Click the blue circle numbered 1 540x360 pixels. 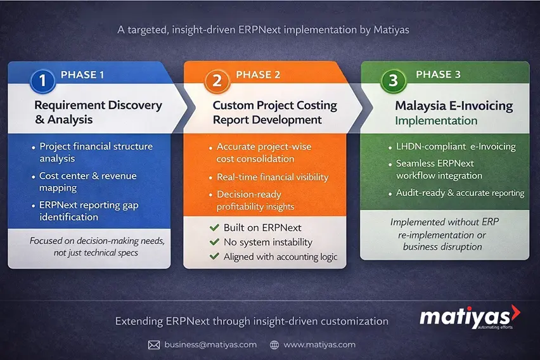coord(42,80)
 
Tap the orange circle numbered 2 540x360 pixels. coord(217,80)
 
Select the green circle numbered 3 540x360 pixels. coord(393,80)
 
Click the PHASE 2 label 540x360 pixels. coord(258,75)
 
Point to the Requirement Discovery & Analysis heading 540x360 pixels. coord(98,112)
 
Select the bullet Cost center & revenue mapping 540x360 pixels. coord(87,181)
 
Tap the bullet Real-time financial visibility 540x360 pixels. coord(273,177)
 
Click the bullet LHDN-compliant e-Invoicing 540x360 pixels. coord(456,146)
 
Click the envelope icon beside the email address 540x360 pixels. coord(154,345)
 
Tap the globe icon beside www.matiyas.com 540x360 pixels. coord(274,345)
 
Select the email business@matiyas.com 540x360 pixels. coord(210,345)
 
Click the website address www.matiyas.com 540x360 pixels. coord(319,345)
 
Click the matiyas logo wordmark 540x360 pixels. coord(466,315)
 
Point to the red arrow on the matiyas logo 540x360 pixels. coord(515,311)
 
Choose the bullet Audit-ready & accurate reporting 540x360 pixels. coord(460,193)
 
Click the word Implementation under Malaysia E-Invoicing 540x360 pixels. coord(436,120)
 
